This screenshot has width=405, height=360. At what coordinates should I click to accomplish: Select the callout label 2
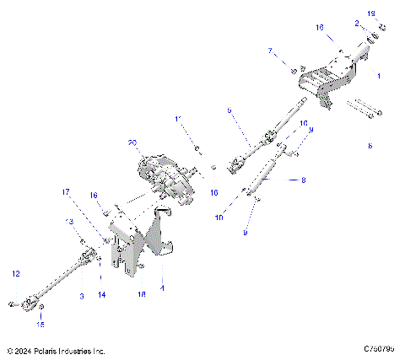(x=357, y=24)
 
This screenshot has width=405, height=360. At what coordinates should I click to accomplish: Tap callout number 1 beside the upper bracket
(x=379, y=76)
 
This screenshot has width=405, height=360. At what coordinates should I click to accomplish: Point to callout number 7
(x=271, y=51)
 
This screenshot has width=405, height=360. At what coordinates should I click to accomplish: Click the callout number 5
(x=229, y=110)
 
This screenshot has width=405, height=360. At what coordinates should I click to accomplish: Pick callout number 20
(x=132, y=142)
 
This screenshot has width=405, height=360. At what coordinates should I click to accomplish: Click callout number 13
(x=70, y=221)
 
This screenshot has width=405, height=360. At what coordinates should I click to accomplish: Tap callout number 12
(x=14, y=273)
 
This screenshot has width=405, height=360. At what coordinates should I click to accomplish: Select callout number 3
(x=81, y=296)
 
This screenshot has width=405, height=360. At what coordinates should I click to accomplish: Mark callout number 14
(x=101, y=294)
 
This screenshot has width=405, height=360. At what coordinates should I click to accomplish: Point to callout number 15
(x=40, y=323)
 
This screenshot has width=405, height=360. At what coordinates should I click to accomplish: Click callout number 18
(x=141, y=296)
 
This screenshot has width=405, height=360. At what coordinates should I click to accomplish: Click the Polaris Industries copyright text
(x=56, y=350)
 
